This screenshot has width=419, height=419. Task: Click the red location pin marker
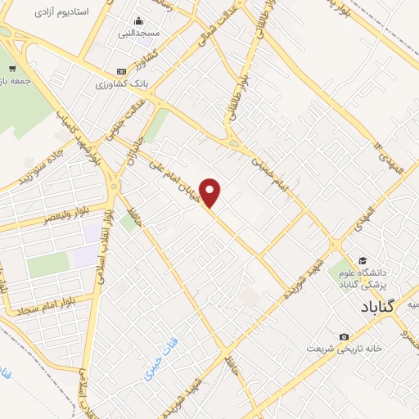point(211,193)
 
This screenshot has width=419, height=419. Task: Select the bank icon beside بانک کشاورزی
point(122,72)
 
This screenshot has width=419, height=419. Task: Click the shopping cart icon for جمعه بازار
point(11,69)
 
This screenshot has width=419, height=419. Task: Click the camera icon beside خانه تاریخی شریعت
point(344,337)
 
